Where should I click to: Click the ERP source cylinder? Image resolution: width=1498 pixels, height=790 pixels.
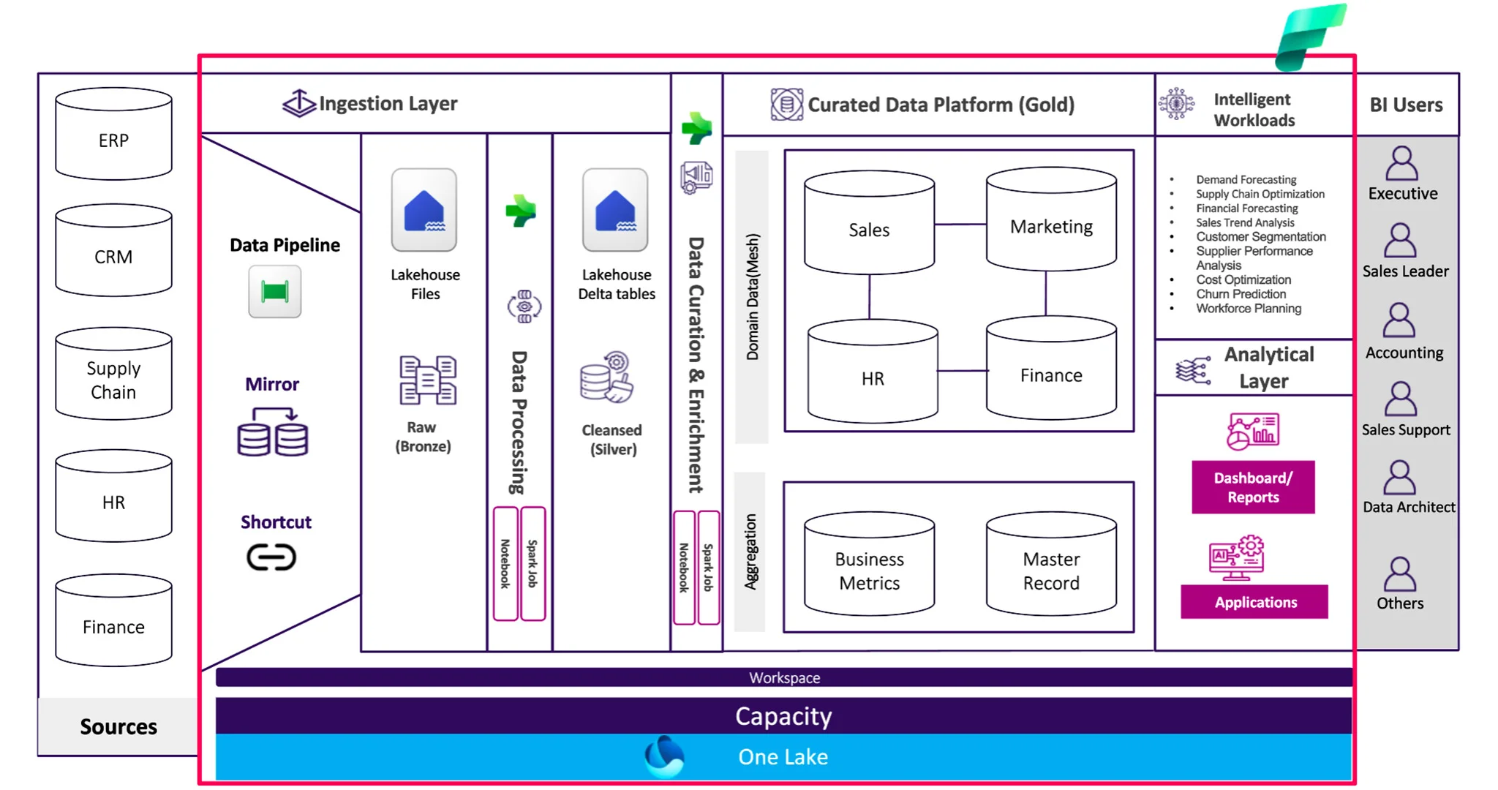[x=113, y=135]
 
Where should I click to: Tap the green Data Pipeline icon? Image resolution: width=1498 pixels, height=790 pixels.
[x=274, y=292]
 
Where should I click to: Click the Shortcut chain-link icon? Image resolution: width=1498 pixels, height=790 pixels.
[x=271, y=557]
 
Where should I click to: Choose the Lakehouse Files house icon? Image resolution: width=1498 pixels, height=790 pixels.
[x=424, y=211]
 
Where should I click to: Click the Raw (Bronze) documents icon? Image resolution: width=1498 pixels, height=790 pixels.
[x=428, y=380]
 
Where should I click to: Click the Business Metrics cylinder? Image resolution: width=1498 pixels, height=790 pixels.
[x=869, y=565]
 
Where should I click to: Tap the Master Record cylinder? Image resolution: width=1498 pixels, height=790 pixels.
[x=1051, y=565]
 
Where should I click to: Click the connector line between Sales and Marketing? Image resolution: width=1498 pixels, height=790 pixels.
[x=960, y=224]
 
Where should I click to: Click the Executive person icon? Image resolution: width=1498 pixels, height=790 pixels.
[x=1401, y=164]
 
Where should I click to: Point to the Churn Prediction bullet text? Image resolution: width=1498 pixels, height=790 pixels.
[x=1241, y=294]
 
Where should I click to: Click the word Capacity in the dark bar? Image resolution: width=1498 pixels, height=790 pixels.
[x=783, y=716]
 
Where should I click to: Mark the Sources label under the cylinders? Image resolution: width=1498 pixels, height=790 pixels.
[x=118, y=726]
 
